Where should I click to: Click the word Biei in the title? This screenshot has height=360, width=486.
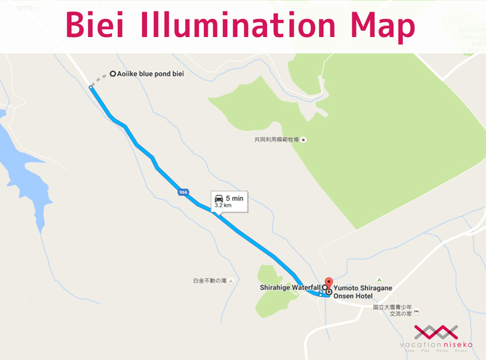point(98,26)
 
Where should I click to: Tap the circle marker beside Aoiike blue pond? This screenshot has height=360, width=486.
point(113,74)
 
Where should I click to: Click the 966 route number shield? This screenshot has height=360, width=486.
point(183,192)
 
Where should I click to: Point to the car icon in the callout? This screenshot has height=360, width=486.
point(218,198)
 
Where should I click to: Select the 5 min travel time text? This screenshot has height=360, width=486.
point(234,198)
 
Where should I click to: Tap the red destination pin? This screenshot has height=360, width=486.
point(329,283)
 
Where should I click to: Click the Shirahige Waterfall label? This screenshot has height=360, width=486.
point(289,286)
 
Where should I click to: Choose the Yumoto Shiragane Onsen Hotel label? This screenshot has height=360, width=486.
point(362,291)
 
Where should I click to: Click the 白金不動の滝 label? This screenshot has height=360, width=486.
point(209,281)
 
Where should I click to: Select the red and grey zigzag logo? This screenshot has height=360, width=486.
point(436,333)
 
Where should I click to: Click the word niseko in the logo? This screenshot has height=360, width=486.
point(456,345)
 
